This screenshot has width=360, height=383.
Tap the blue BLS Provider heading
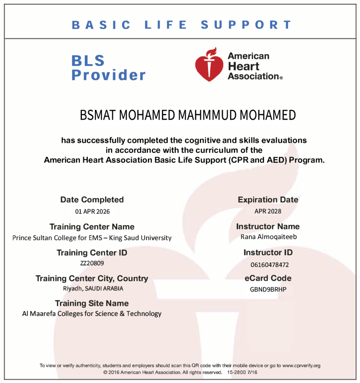pos(108,68)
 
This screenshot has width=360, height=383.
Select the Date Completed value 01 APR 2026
pos(92,211)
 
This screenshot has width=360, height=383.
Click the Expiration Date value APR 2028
pos(268,211)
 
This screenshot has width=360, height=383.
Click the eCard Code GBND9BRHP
pos(268,289)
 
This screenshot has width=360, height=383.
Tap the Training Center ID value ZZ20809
pos(92,263)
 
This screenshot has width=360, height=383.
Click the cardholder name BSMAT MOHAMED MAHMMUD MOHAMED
pos(188,116)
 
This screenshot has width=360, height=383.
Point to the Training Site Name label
pos(92,303)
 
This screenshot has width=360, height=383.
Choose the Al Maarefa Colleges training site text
pos(92,314)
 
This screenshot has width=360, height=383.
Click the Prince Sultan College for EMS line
pos(92,238)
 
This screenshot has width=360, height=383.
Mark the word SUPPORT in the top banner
pos(246,25)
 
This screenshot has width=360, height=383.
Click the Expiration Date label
pos(268,200)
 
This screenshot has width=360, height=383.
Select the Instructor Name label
pos(268,226)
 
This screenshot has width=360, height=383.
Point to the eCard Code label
pos(268,278)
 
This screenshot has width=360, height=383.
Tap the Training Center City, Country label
pos(92,279)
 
